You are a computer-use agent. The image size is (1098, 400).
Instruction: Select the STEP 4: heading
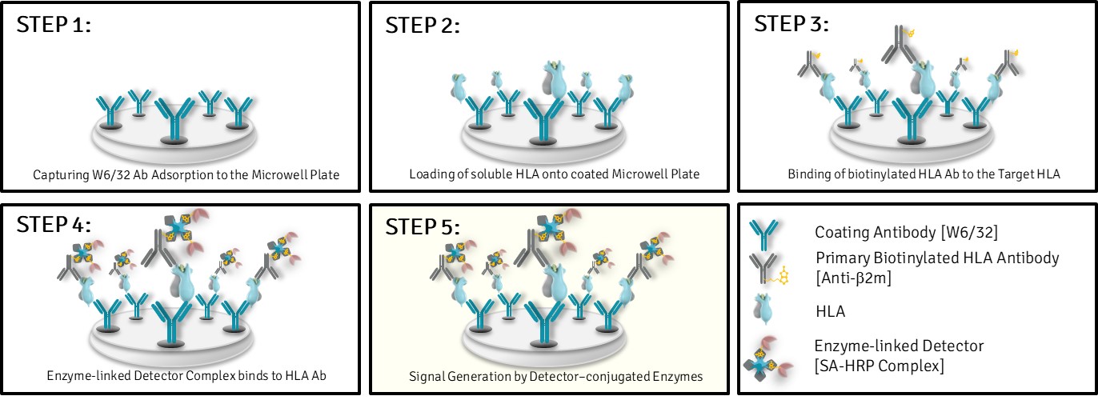54,226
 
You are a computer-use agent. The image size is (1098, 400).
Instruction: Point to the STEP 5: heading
423,226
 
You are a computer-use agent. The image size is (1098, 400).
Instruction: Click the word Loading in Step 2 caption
428,174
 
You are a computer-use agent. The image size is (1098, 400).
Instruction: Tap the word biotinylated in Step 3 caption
850,174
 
